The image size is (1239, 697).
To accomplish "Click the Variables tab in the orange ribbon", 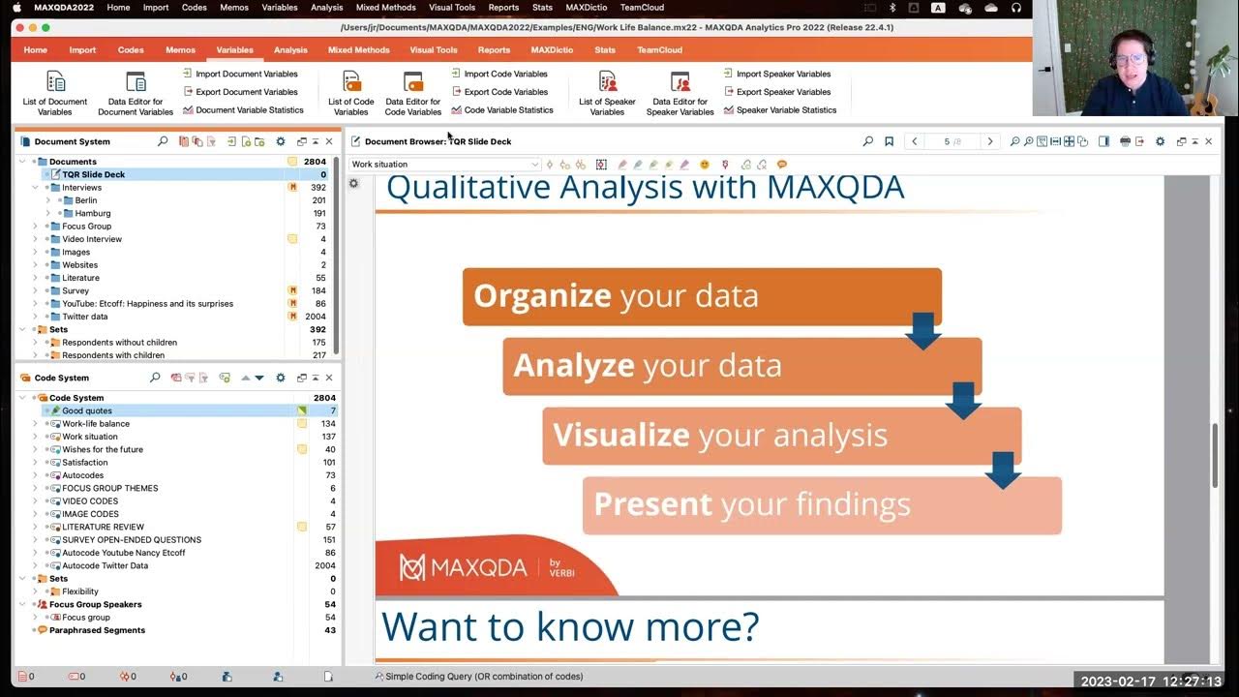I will point(234,49).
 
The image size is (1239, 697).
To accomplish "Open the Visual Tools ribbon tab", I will point(434,49).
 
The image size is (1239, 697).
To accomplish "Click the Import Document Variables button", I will point(240,74).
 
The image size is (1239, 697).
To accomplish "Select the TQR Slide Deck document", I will point(94,174).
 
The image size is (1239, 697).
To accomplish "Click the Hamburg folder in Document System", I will point(92,213).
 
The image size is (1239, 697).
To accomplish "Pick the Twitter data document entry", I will point(85,317).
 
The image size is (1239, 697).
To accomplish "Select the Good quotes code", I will point(87,410).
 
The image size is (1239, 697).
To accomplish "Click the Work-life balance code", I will point(96,424).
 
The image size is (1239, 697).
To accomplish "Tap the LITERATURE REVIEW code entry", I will point(104,527).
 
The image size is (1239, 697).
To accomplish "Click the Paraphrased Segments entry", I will point(97,630).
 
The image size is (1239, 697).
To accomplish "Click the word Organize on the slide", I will point(542,295).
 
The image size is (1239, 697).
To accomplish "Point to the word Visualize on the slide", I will point(620,435).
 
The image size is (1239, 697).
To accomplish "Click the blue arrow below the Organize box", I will point(922,330).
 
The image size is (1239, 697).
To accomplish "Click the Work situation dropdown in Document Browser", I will point(444,165).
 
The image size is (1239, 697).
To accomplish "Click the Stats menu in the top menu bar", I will point(542,7).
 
